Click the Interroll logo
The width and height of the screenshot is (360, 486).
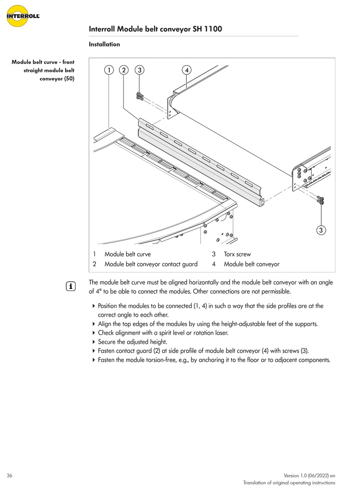tap(23, 16)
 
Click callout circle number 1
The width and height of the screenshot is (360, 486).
tap(109, 70)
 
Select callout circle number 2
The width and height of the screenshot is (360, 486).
tap(124, 70)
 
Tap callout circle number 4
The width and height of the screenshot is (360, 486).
tap(186, 70)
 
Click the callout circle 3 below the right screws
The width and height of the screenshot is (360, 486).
tap(321, 230)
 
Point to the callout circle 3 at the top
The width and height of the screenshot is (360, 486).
tap(140, 70)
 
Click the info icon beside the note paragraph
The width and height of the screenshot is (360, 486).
tap(71, 287)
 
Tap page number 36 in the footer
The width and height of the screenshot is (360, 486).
tap(9, 476)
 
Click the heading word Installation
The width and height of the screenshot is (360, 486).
tap(104, 44)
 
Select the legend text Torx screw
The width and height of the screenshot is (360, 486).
tap(237, 254)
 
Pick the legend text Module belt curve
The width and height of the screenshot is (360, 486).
tap(127, 254)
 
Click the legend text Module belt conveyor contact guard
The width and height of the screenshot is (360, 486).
tap(151, 264)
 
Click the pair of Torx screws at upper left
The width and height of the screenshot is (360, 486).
tap(139, 97)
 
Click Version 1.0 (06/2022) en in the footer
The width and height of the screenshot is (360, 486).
tap(309, 476)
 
